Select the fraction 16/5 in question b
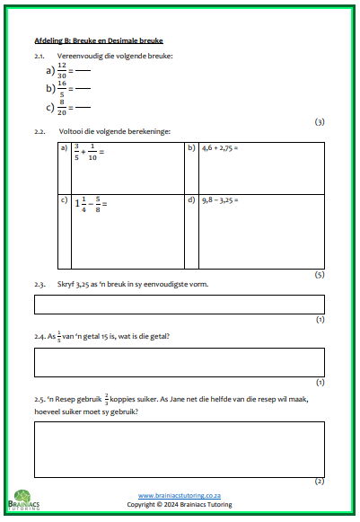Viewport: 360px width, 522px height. tap(61, 88)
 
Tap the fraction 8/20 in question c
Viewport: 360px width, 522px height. tap(61, 107)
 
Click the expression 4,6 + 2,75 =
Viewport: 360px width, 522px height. tap(224, 147)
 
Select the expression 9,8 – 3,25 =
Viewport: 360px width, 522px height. tap(224, 199)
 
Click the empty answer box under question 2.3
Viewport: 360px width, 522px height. tap(180, 304)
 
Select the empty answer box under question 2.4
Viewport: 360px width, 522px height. tap(180, 362)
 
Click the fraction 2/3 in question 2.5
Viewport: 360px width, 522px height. tap(106, 398)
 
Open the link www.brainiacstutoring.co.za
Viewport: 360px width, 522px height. tap(180, 495)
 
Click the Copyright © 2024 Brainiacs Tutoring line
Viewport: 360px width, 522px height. tap(180, 505)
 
